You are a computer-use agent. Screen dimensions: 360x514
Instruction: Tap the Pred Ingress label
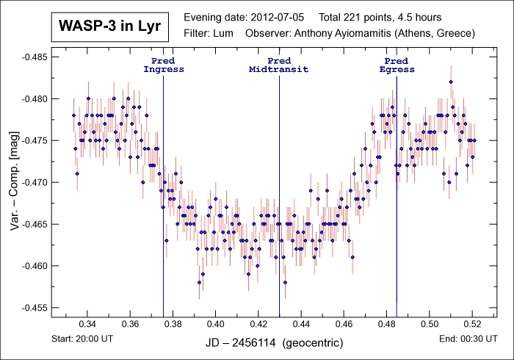[163, 65]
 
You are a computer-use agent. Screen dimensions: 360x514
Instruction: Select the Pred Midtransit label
[279, 65]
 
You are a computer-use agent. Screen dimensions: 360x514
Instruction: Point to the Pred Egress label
[397, 65]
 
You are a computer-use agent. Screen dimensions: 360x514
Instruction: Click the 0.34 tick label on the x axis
[87, 324]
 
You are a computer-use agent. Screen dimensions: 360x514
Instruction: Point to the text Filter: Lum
[209, 33]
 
